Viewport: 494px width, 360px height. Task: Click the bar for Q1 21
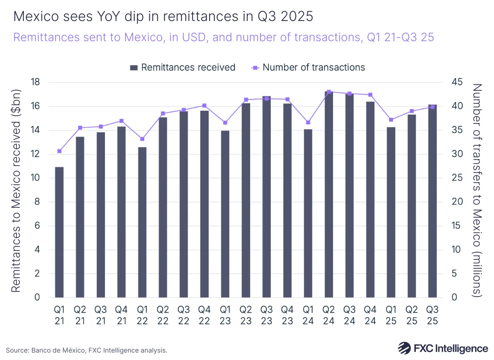click(x=59, y=232)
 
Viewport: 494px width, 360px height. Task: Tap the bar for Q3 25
click(x=432, y=201)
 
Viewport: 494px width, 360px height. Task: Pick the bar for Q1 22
click(x=142, y=222)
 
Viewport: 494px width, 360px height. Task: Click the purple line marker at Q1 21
click(x=59, y=151)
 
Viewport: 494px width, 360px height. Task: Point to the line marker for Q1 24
click(x=308, y=122)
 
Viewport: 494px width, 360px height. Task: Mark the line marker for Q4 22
click(x=204, y=106)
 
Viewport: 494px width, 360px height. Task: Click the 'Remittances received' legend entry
click(x=182, y=67)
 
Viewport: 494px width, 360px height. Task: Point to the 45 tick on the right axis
click(x=456, y=82)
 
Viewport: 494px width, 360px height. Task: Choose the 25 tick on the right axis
click(x=456, y=178)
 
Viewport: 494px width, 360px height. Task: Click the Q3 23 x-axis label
click(x=266, y=315)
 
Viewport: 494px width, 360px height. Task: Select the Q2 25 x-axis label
click(x=412, y=315)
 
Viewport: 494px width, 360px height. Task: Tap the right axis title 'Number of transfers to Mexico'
click(x=478, y=190)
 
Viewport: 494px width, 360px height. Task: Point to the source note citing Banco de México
click(x=86, y=350)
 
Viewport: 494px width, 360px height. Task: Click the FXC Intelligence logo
click(x=443, y=348)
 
